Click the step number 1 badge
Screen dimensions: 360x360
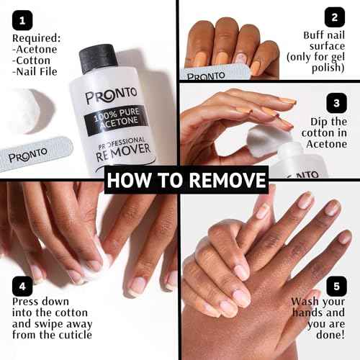coord(24,17)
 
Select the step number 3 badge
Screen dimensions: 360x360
coord(333,102)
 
